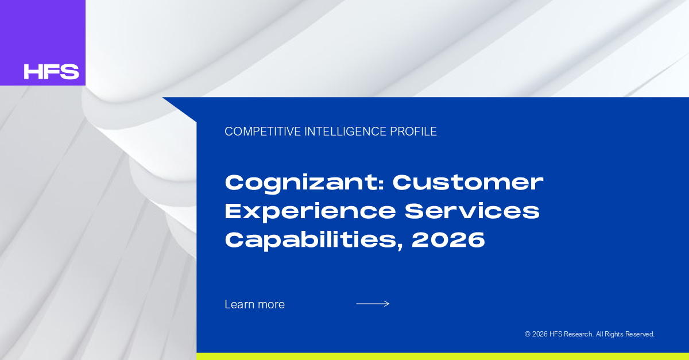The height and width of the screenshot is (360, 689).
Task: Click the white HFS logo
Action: click(51, 71)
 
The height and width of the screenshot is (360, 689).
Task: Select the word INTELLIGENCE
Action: click(346, 131)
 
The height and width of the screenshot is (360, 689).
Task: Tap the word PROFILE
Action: click(413, 131)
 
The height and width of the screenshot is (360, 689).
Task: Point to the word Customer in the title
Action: click(468, 183)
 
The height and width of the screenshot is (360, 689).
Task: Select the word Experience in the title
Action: click(310, 212)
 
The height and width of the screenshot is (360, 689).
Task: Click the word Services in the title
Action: click(472, 211)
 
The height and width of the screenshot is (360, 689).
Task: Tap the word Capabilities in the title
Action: click(310, 240)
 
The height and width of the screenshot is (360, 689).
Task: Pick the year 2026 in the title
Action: click(448, 239)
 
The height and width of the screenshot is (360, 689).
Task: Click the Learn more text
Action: click(255, 304)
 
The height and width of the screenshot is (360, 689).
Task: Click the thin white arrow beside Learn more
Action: click(373, 304)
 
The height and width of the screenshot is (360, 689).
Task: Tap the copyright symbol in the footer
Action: click(528, 334)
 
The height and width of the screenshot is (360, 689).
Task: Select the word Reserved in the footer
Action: click(640, 334)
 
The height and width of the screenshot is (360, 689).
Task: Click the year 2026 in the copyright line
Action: click(540, 334)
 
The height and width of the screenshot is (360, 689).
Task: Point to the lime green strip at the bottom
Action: click(443, 357)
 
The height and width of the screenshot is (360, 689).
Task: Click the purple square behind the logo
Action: click(42, 42)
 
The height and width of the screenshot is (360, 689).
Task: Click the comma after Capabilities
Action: click(400, 246)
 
